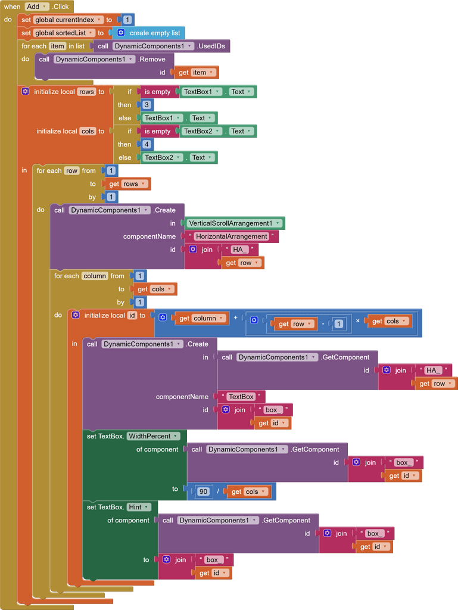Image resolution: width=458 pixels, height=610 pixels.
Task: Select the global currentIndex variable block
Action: [68, 20]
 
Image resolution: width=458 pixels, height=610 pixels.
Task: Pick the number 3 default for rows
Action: [147, 105]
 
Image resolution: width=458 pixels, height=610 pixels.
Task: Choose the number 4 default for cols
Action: [147, 144]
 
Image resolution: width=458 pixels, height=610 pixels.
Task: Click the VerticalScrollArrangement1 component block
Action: [233, 223]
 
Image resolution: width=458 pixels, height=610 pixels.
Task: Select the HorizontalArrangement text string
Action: [232, 236]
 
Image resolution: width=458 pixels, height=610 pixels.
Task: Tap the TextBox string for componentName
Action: [241, 397]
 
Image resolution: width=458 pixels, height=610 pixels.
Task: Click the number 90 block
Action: [204, 491]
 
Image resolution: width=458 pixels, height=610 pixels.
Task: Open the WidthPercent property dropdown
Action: [152, 436]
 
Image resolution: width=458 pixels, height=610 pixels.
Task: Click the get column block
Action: [201, 318]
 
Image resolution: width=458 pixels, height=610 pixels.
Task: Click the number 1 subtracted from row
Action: [339, 324]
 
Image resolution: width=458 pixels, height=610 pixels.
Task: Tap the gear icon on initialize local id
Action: [75, 315]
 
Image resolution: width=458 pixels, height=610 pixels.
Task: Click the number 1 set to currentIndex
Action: [127, 20]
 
